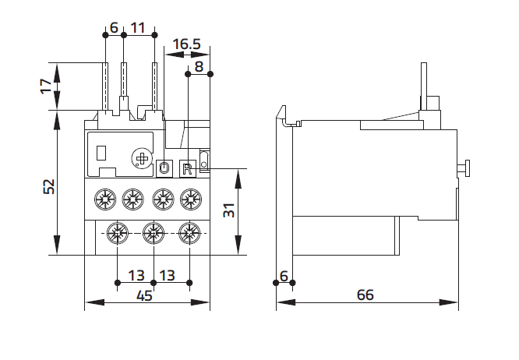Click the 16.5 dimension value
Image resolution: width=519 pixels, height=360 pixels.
[187, 44]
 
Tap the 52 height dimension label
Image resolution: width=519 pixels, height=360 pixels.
[49, 186]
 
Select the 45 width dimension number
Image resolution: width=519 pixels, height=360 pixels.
[145, 295]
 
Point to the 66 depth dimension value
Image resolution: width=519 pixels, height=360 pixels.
[365, 295]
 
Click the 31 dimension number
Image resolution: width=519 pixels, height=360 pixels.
[229, 210]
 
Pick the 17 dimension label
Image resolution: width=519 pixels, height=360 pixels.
[46, 86]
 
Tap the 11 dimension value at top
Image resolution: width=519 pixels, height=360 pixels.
[138, 28]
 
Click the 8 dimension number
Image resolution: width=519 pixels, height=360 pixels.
[199, 67]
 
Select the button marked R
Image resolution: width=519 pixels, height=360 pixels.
[188, 169]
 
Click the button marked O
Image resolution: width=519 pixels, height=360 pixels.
[164, 168]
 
